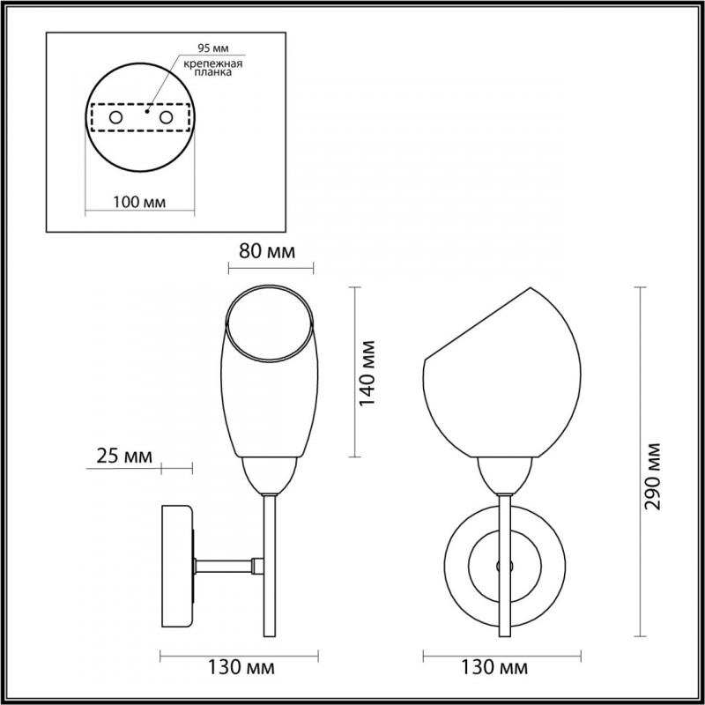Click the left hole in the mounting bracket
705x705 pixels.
click(x=115, y=116)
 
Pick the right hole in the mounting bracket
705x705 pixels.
click(x=165, y=116)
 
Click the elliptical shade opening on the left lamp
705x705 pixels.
click(x=269, y=323)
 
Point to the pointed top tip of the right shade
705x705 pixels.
click(x=530, y=289)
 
